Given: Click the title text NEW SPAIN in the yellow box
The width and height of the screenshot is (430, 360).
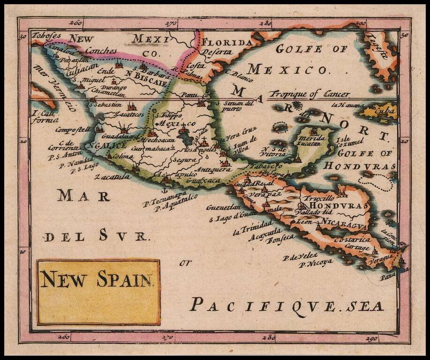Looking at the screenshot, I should pyautogui.click(x=96, y=279).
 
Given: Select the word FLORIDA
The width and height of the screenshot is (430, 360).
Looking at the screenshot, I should pyautogui.click(x=227, y=43).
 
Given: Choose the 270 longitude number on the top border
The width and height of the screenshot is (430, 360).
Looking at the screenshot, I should pyautogui.click(x=171, y=22).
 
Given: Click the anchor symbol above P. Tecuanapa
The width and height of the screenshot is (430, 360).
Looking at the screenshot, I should pyautogui.click(x=164, y=189).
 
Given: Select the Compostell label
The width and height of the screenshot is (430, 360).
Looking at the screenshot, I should pyautogui.click(x=71, y=130).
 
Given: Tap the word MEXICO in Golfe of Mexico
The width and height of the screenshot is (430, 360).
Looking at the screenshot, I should pyautogui.click(x=287, y=70).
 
